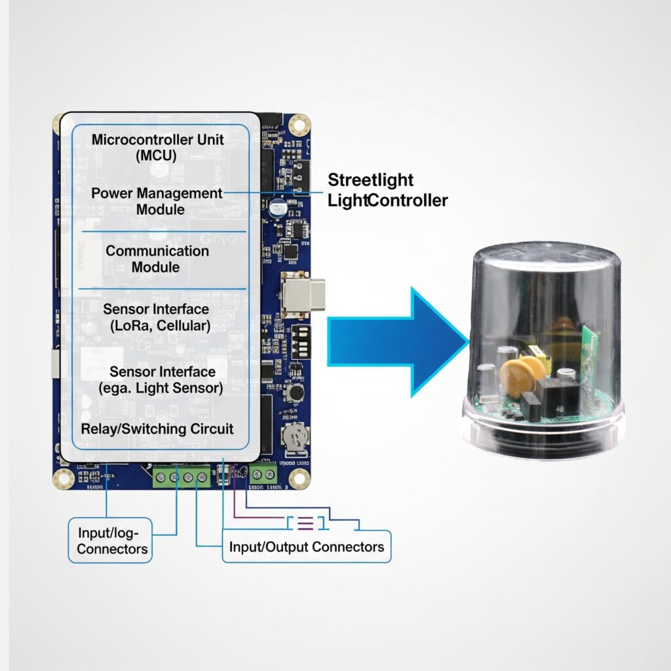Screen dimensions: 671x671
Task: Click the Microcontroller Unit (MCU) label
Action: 157,147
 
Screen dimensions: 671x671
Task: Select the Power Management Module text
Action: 157,201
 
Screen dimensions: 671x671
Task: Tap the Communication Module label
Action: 157,259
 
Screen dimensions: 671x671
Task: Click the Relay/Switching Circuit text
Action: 157,429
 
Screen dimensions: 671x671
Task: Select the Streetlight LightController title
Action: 387,190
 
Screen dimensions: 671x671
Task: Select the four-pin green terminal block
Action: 182,478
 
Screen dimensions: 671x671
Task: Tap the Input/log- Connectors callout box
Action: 110,539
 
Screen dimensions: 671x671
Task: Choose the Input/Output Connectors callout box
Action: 306,546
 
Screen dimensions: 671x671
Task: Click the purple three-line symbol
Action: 305,523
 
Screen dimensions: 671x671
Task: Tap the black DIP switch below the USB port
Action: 301,341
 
